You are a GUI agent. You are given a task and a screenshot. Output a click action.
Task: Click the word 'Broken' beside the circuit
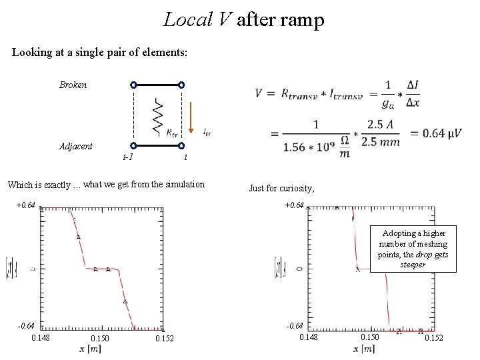73,85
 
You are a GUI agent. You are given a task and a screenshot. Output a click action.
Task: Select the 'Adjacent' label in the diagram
75,145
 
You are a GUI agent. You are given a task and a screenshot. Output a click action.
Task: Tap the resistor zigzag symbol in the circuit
157,115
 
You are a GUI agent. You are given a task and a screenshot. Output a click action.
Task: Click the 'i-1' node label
128,157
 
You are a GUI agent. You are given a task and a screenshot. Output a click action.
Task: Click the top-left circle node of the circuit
133,85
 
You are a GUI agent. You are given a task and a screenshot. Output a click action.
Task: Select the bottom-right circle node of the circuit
181,145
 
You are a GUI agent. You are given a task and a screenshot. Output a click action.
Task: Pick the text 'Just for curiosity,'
281,189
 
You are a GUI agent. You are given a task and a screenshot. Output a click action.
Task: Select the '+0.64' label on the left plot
25,205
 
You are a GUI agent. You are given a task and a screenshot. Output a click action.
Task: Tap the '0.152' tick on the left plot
164,339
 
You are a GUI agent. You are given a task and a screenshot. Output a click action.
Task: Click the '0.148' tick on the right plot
308,337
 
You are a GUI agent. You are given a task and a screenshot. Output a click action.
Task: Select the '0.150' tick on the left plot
100,339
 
